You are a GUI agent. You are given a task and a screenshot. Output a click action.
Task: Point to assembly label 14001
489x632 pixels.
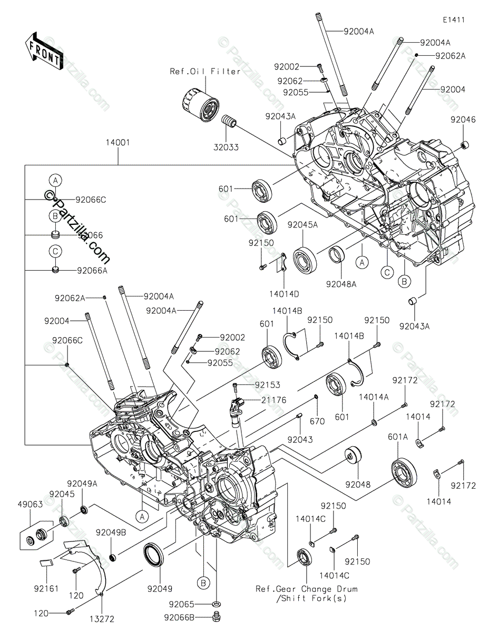click(118, 143)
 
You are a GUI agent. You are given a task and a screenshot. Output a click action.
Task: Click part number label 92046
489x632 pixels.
click(463, 120)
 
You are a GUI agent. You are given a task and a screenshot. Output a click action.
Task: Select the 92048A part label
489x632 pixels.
click(341, 284)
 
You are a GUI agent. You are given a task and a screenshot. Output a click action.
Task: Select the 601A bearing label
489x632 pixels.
click(398, 437)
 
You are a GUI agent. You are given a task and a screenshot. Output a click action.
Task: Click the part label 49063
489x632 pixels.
click(32, 504)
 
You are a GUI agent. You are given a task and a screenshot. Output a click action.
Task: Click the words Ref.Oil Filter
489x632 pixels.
click(205, 71)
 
